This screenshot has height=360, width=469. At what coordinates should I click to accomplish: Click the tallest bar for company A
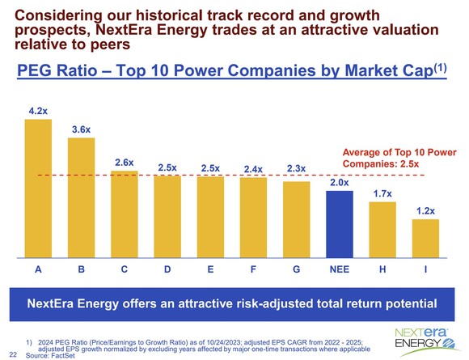tap(38, 187)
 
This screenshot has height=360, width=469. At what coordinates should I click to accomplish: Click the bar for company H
tap(382, 229)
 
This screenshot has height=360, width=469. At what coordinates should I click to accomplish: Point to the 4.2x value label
tap(38, 108)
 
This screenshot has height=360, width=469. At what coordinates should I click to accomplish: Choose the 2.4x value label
tap(253, 169)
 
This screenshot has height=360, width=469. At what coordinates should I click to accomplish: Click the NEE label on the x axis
tap(340, 270)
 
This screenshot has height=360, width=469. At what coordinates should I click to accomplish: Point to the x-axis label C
tap(124, 270)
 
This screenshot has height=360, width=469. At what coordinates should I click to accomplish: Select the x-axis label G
tap(296, 270)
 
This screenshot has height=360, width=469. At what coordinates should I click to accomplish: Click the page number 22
tap(11, 354)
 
